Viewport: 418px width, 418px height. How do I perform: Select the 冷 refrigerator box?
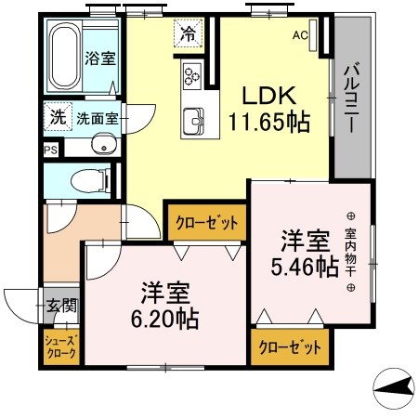pos(189,35)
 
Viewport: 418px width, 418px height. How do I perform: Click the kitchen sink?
pos(196,119)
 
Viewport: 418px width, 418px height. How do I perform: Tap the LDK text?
pos(269,96)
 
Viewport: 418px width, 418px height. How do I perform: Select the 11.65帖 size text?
pos(270,121)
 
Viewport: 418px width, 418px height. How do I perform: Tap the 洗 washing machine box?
pos(58,118)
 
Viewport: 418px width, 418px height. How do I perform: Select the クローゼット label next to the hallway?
pos(206,222)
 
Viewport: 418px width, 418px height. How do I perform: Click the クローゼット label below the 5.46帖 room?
pos(289,348)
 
